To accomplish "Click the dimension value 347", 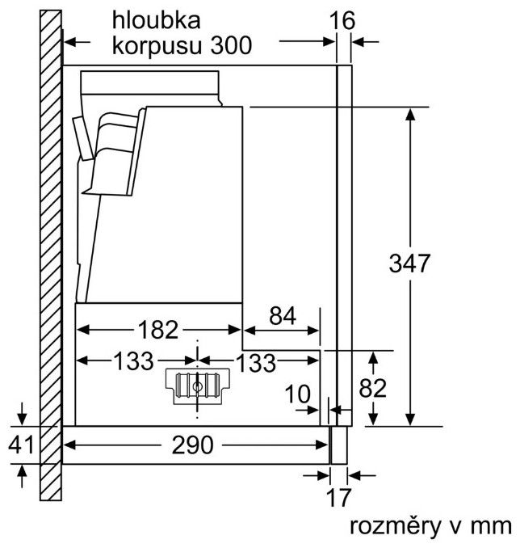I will coord(410,263).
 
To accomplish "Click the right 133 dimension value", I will coord(257,362).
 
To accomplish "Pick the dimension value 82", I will coord(373,388).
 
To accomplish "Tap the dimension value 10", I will coord(298,394).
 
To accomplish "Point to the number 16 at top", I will coord(343,19).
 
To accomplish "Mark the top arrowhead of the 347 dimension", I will coord(411,114).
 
